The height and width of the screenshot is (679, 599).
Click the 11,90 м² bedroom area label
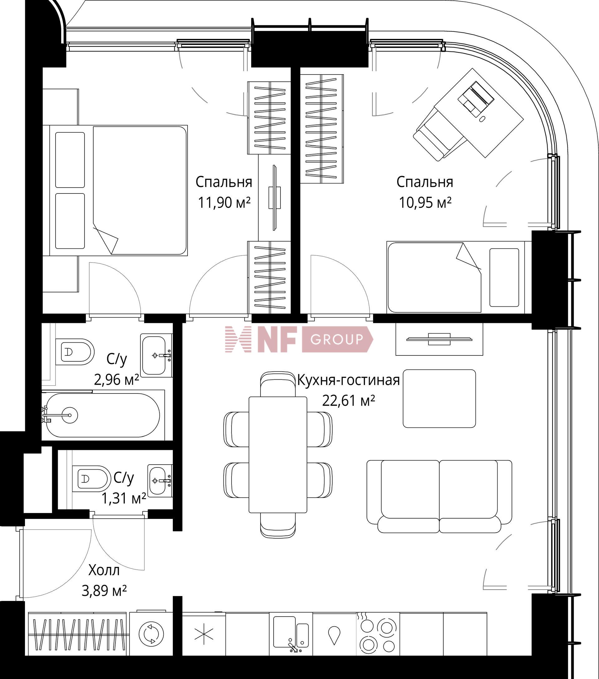pyautogui.click(x=224, y=202)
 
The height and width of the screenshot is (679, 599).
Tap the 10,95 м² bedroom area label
pyautogui.click(x=425, y=202)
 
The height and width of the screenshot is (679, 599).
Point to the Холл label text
pyautogui.click(x=104, y=570)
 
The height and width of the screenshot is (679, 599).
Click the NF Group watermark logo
pyautogui.click(x=299, y=339)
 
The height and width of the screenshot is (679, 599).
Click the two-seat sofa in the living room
pyautogui.click(x=439, y=497)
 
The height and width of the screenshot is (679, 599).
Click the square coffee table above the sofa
pyautogui.click(x=439, y=398)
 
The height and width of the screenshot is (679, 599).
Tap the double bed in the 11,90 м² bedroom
pyautogui.click(x=119, y=190)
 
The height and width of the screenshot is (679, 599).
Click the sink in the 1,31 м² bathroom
pyautogui.click(x=160, y=480)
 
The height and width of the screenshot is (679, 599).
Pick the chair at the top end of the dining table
pyautogui.click(x=278, y=384)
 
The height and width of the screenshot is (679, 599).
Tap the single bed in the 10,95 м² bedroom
pyautogui.click(x=459, y=277)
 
